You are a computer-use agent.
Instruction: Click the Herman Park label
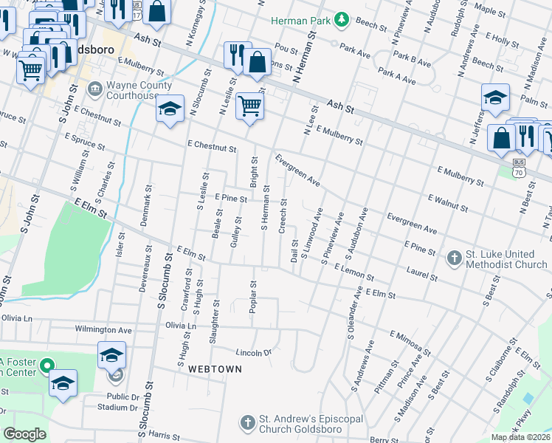click(x=300, y=20)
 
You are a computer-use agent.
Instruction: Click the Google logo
click(x=24, y=434)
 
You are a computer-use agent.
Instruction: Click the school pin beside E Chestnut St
click(x=170, y=110)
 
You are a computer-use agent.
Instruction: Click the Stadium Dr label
click(x=119, y=407)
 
